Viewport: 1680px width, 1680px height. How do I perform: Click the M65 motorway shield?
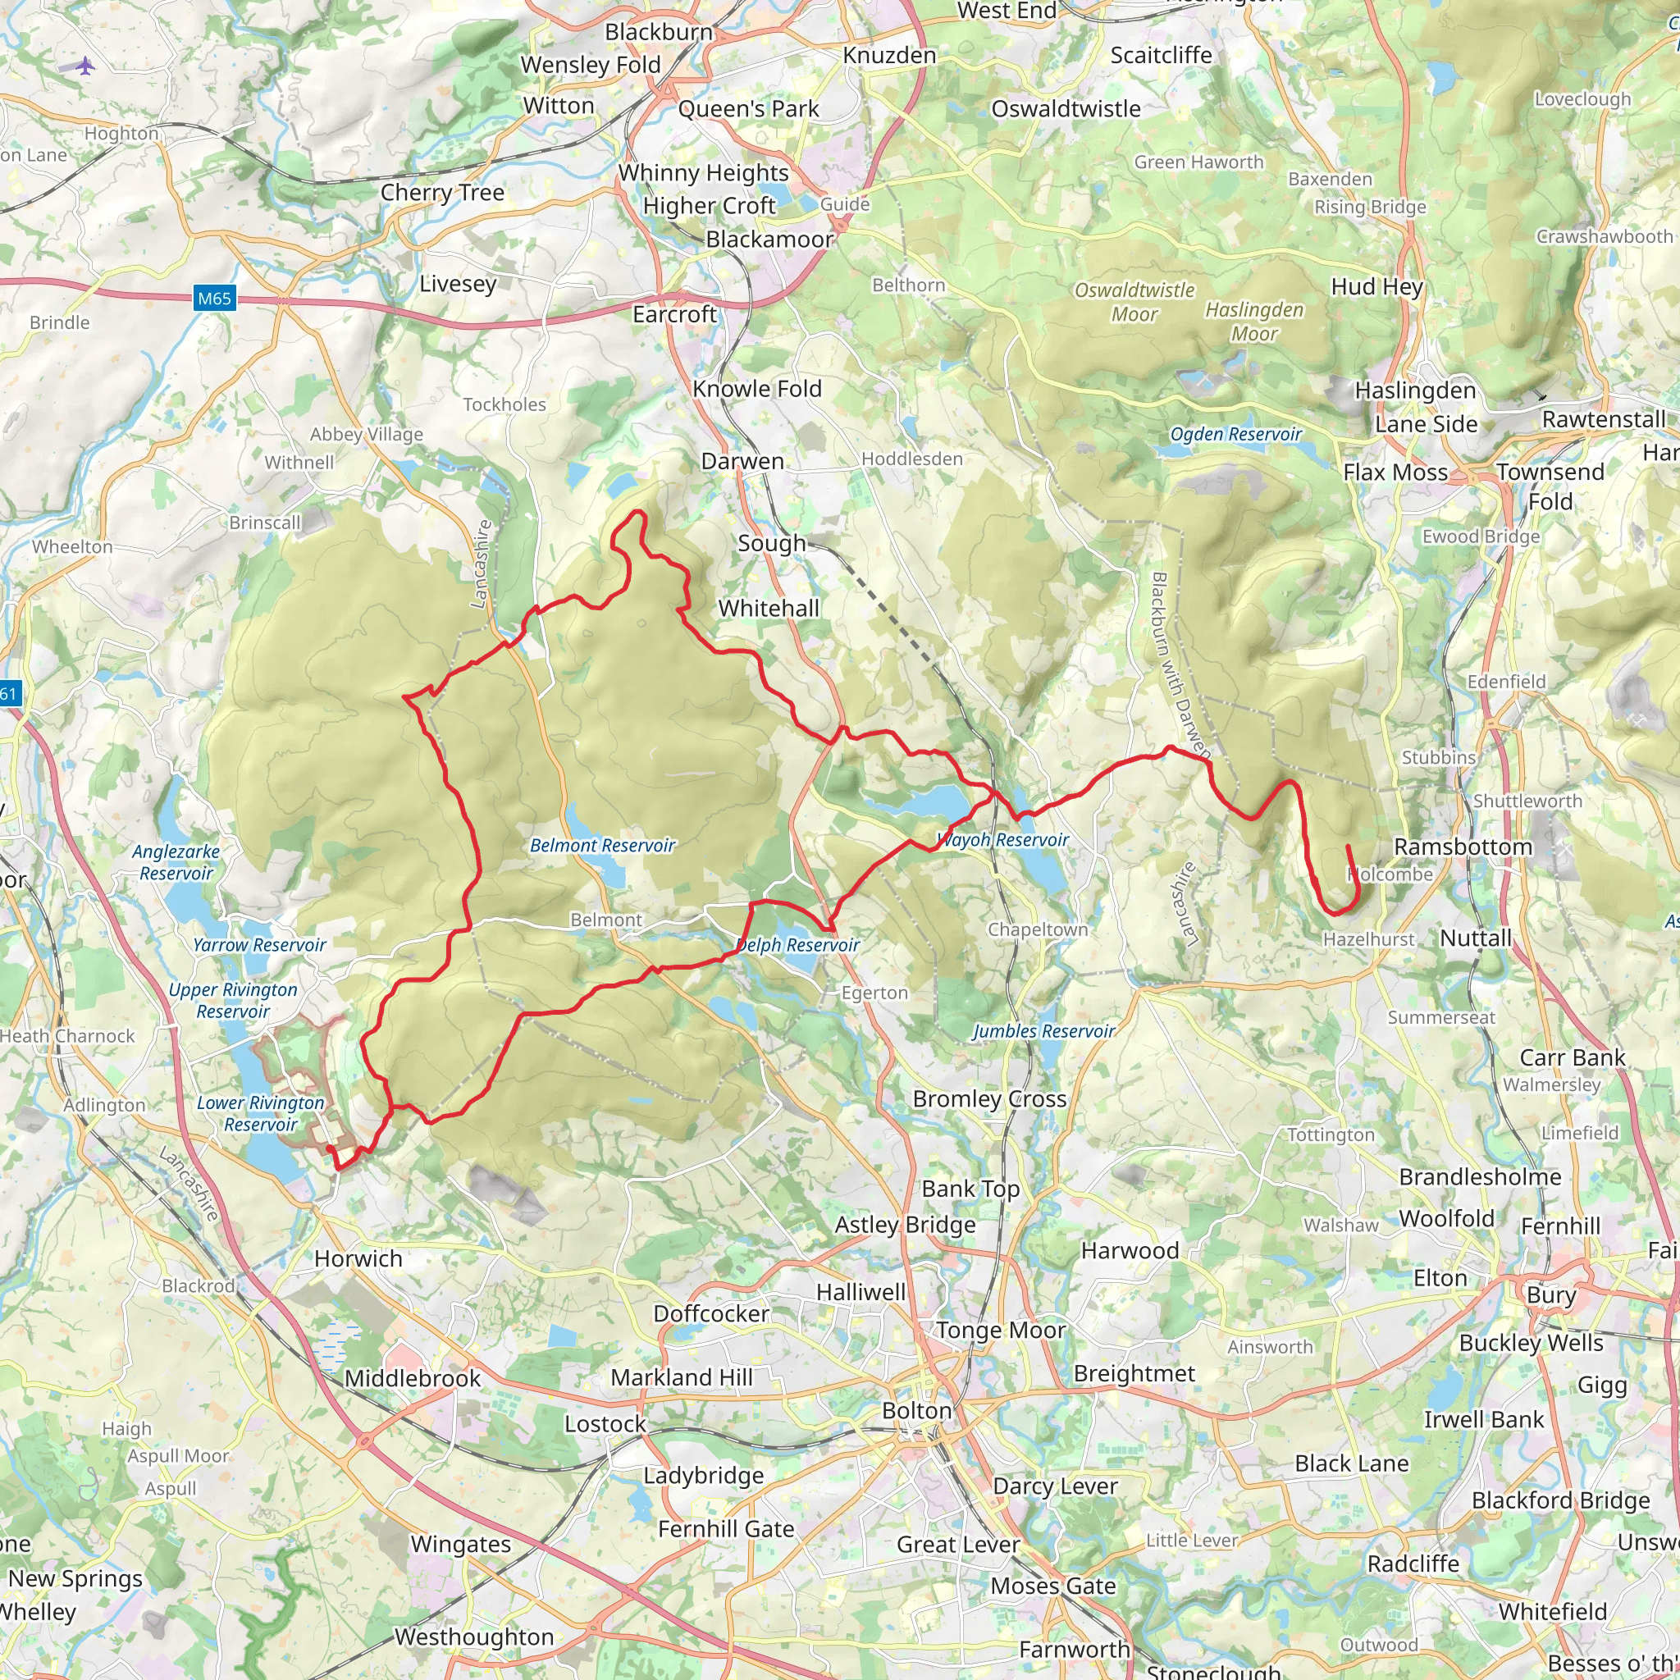[x=214, y=299]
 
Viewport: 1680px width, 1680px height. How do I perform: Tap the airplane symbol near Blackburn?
[x=84, y=66]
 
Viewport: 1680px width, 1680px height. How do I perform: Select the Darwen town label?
[x=742, y=461]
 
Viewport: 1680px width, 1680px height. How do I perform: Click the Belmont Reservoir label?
[x=603, y=845]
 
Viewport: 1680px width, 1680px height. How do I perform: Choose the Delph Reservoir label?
[x=797, y=945]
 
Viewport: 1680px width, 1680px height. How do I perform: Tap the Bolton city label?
[x=916, y=1410]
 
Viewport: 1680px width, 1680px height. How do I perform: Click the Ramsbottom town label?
[x=1463, y=847]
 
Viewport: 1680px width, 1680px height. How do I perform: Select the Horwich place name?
[x=358, y=1258]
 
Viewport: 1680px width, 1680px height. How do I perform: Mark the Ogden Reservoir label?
[x=1235, y=434]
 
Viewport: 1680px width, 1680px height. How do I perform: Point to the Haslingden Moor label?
[x=1254, y=322]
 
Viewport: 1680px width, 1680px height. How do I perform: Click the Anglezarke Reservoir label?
[x=176, y=863]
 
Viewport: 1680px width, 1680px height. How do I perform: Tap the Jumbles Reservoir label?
[x=1043, y=1031]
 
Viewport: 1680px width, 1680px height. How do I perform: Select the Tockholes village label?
[x=504, y=404]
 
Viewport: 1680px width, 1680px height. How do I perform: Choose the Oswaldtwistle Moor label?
[x=1134, y=302]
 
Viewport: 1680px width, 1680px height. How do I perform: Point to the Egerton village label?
[x=874, y=993]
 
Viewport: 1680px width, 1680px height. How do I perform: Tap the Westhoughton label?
[x=474, y=1637]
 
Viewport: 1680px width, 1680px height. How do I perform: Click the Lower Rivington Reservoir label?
[x=260, y=1114]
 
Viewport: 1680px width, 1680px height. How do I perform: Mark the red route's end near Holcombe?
[x=1348, y=846]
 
